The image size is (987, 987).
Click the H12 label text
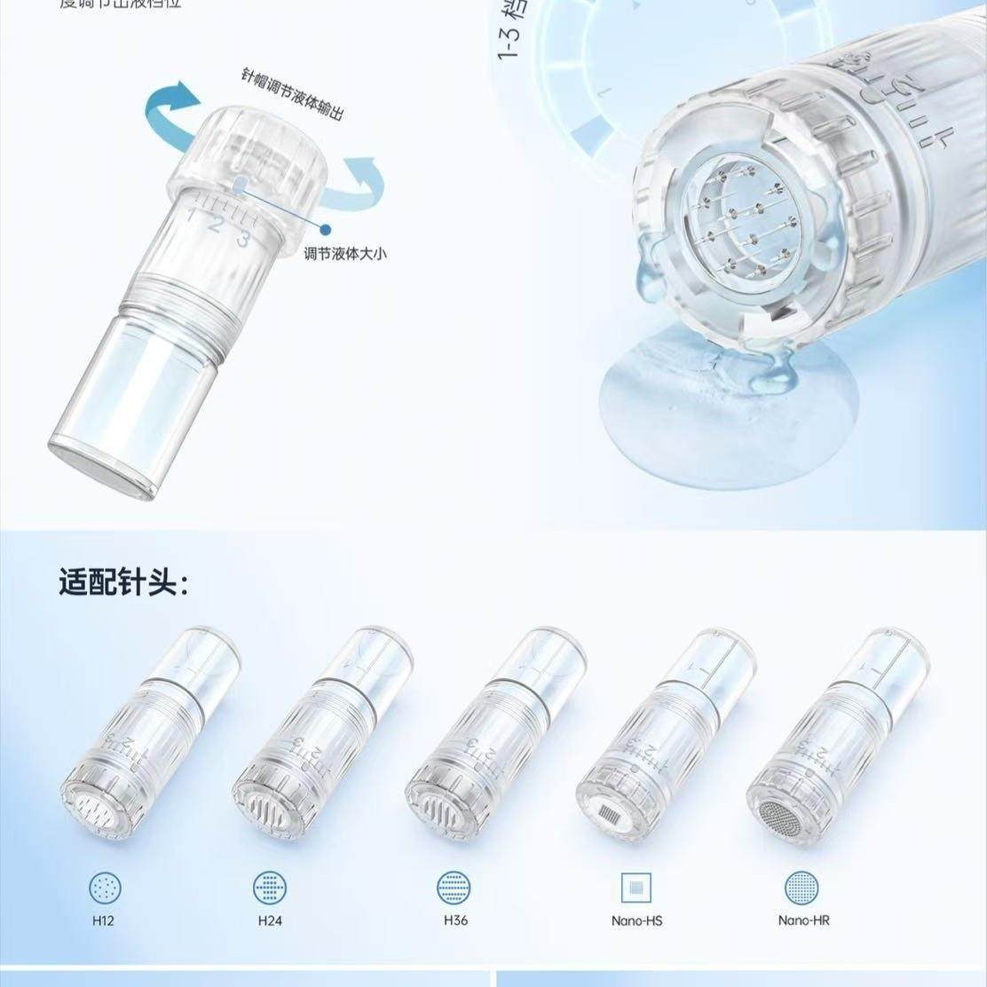(103, 920)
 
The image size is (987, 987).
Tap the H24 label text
(270, 920)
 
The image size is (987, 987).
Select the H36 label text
(455, 920)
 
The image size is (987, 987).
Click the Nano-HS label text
(636, 920)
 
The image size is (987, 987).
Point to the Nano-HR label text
(803, 920)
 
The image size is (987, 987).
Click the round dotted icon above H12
(105, 888)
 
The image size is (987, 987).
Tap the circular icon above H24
(270, 888)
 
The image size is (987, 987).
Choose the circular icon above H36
(454, 888)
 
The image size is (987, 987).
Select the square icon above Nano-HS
(636, 888)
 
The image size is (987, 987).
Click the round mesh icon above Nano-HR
(801, 888)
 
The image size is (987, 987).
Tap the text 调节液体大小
(345, 254)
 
